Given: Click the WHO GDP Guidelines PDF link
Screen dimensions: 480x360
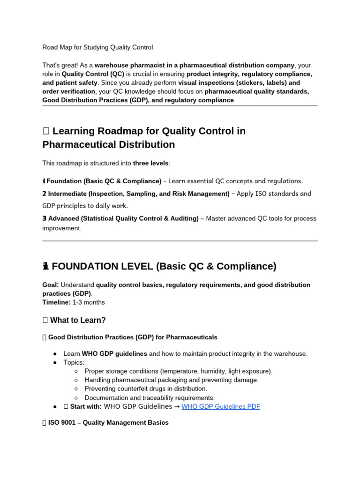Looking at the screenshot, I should [x=220, y=406].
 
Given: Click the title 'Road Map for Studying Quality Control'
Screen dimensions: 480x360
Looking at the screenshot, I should [x=97, y=47].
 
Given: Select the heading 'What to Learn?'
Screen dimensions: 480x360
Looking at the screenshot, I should [x=78, y=320].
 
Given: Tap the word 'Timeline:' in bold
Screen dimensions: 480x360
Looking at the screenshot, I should [x=57, y=302].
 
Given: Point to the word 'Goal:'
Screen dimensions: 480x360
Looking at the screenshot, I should [x=51, y=285].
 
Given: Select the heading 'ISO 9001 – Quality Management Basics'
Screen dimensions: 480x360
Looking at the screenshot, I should [x=108, y=422].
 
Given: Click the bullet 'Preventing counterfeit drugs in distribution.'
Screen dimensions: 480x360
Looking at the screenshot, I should [x=145, y=389].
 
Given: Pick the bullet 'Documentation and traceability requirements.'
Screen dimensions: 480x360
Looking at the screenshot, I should [x=150, y=397].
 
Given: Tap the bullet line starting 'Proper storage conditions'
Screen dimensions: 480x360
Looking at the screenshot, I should [x=178, y=371].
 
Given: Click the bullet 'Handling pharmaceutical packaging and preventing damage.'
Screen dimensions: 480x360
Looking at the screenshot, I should [x=172, y=380].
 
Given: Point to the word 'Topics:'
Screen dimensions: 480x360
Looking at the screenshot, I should [x=74, y=362].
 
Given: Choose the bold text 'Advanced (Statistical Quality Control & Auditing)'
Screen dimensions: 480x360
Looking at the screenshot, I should [x=123, y=218].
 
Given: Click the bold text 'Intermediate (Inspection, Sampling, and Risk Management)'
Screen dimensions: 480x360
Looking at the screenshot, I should [x=139, y=194].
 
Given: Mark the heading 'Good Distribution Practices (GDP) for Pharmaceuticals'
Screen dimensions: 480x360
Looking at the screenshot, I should [x=133, y=337].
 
